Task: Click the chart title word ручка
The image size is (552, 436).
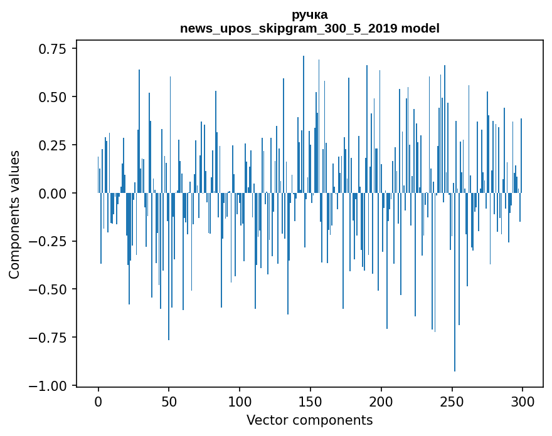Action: (x=309, y=14)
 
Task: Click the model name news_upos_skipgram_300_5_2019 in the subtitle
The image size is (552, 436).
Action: (x=290, y=28)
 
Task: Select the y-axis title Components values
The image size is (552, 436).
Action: (x=14, y=214)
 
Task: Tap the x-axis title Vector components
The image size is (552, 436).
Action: (x=309, y=420)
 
